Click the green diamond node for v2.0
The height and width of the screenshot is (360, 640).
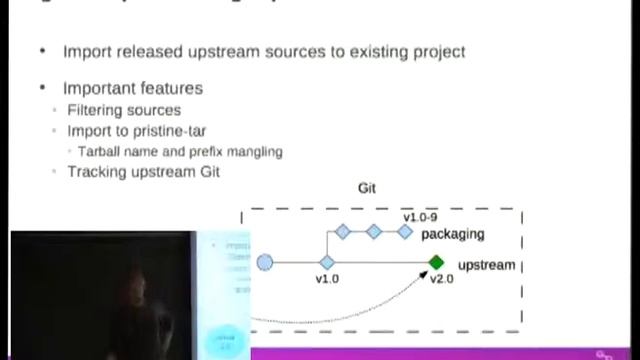[x=436, y=263]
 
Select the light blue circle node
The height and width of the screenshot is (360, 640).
[x=264, y=263]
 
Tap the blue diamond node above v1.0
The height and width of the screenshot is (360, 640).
[x=327, y=263]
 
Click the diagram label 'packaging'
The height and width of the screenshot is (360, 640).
[x=452, y=234]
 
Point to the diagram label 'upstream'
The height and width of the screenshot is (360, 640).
[x=486, y=265]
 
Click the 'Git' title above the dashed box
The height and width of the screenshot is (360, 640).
[x=367, y=188]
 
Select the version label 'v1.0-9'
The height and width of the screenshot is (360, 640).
[x=421, y=217]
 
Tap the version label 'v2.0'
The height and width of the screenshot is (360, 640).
[x=441, y=279]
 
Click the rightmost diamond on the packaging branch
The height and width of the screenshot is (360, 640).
[x=405, y=232]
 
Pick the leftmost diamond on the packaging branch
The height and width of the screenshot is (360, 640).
[x=342, y=232]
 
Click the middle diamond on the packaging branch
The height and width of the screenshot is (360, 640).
[x=373, y=232]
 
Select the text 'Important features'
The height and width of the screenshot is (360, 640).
[x=132, y=88]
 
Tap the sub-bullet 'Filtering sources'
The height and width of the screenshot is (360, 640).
[x=123, y=110]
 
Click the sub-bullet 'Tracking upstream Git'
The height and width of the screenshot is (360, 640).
[x=143, y=171]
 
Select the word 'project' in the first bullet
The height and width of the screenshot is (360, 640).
[x=436, y=51]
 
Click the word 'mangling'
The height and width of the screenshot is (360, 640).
[x=254, y=151]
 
